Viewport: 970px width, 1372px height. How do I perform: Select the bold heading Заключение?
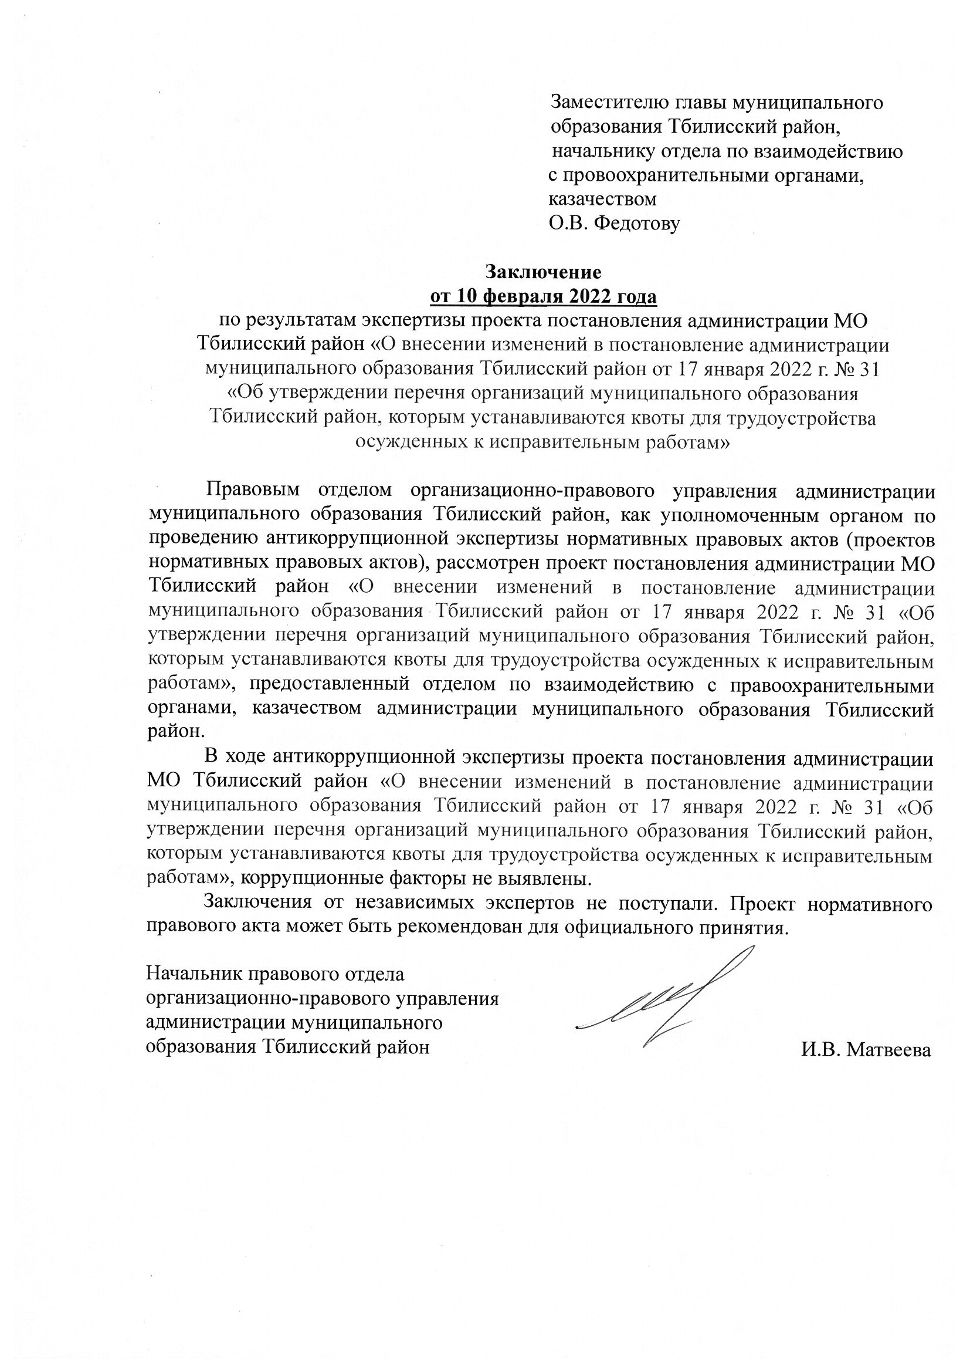pyautogui.click(x=543, y=272)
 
